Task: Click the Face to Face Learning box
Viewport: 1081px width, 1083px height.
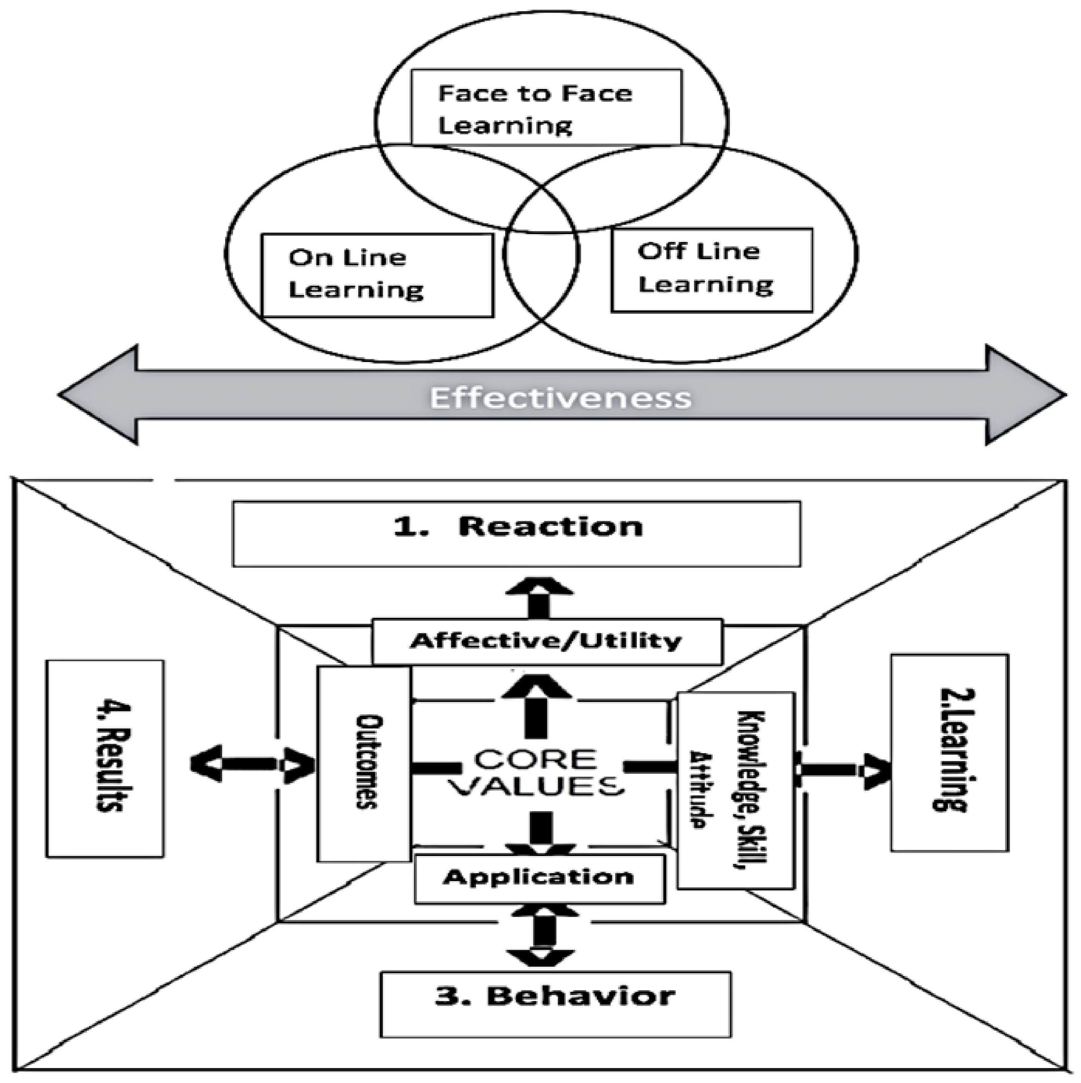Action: tap(546, 108)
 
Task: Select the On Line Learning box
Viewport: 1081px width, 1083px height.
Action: tap(377, 274)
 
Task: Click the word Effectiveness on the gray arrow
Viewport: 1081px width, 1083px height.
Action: tap(561, 398)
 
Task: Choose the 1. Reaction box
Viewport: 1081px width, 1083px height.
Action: tap(516, 533)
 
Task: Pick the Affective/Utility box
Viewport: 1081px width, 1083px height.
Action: tap(547, 641)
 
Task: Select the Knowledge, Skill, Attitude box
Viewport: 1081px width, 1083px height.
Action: tap(736, 791)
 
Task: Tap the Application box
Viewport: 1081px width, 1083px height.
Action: tap(539, 878)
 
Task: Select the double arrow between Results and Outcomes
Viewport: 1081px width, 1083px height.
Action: tap(252, 764)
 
